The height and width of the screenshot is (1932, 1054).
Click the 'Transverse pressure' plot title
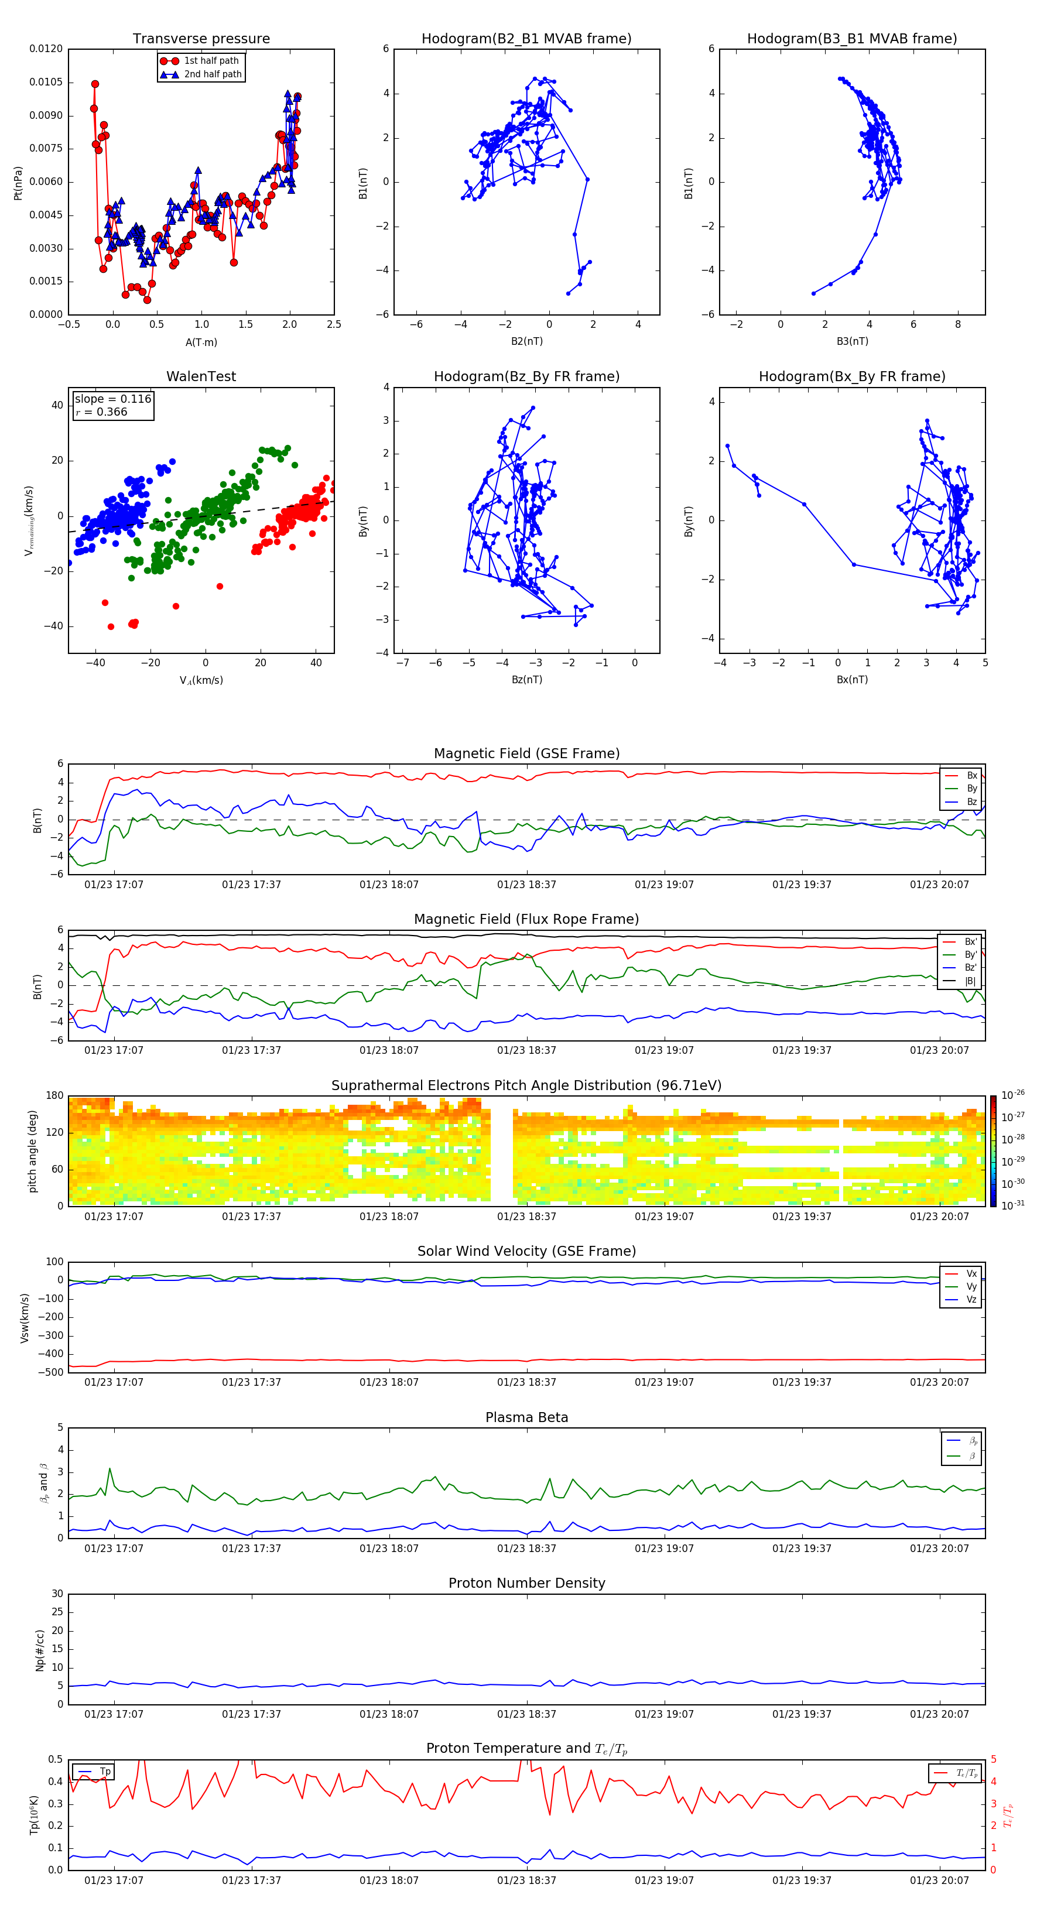tap(201, 39)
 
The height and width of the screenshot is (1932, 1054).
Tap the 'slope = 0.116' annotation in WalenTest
tap(112, 399)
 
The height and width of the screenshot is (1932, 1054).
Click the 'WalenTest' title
tap(201, 376)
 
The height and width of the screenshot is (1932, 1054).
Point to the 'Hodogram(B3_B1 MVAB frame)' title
tap(851, 39)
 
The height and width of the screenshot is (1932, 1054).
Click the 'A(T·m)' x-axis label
tap(201, 342)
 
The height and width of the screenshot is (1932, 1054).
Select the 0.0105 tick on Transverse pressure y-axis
tap(46, 83)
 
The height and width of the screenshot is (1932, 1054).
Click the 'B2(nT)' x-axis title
tap(526, 341)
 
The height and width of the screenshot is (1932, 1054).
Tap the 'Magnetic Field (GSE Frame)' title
tap(526, 753)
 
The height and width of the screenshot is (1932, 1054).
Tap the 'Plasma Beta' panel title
tap(526, 1417)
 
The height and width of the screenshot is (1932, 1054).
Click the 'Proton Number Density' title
tap(526, 1583)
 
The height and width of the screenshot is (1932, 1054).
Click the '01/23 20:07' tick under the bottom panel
tap(939, 1880)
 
